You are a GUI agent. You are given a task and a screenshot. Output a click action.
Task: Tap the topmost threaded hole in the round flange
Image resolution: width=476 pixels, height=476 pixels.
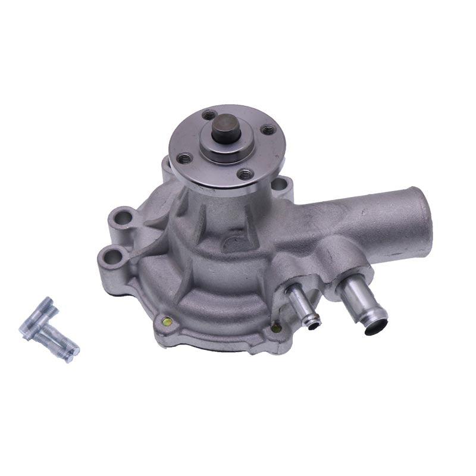point(208,114)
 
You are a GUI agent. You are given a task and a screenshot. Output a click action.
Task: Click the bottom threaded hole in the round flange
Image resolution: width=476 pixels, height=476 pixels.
point(245,174)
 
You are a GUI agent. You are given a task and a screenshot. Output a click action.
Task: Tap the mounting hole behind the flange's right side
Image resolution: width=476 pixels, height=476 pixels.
point(278,184)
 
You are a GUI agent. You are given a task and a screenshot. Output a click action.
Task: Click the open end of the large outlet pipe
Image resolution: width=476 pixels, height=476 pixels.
point(423,220)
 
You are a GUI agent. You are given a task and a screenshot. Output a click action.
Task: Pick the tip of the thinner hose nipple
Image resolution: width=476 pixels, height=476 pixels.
point(313,322)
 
